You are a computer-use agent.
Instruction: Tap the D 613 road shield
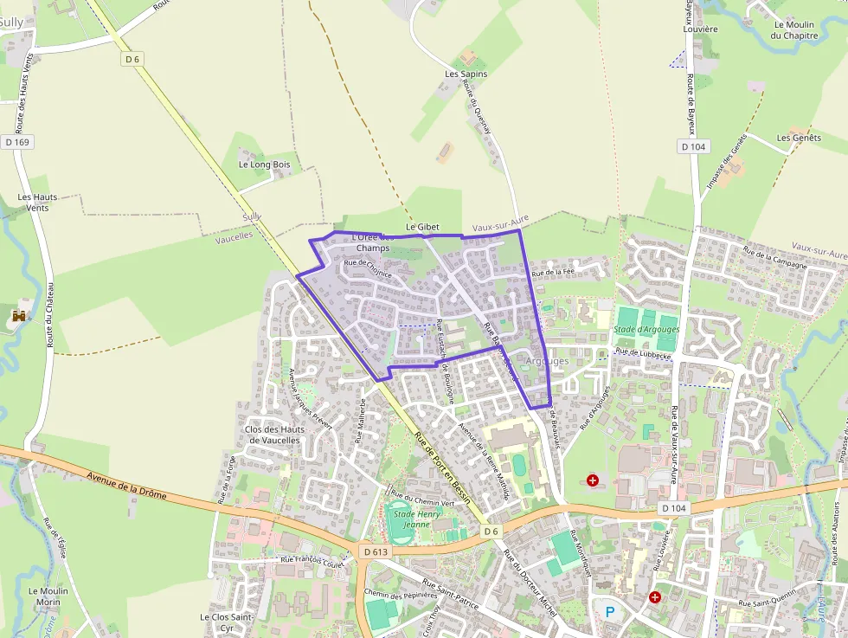[375, 551]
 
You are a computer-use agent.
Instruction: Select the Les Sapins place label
[466, 74]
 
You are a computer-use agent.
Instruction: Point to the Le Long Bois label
[264, 164]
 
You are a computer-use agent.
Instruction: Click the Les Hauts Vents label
[38, 202]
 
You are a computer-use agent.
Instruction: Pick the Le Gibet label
[422, 227]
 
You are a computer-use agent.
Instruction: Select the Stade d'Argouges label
[646, 330]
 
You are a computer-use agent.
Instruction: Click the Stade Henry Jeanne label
[417, 519]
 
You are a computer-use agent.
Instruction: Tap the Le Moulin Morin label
[48, 596]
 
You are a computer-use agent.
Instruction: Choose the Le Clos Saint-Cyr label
[227, 622]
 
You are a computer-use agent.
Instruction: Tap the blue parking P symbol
[610, 612]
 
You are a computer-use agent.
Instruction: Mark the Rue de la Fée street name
[553, 272]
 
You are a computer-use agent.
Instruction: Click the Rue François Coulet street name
[312, 560]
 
